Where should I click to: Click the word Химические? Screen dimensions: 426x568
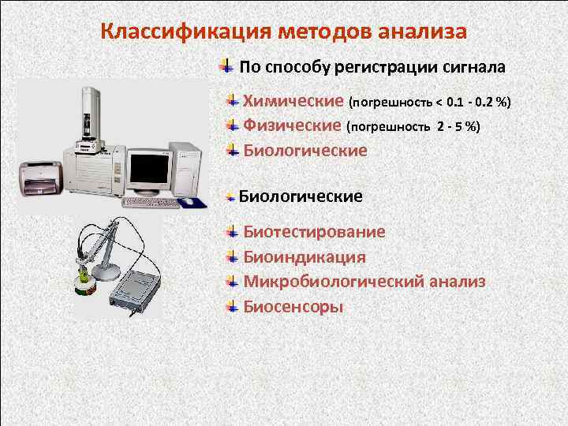(x=293, y=102)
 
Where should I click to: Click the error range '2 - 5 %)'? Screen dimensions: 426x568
(x=458, y=126)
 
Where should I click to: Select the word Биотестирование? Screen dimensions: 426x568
(x=314, y=232)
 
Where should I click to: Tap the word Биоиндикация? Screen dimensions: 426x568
(x=304, y=257)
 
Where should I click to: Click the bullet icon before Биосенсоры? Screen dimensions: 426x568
(x=231, y=305)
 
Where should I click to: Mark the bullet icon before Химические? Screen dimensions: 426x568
(x=231, y=101)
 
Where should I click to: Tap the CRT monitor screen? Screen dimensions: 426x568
(x=149, y=168)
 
